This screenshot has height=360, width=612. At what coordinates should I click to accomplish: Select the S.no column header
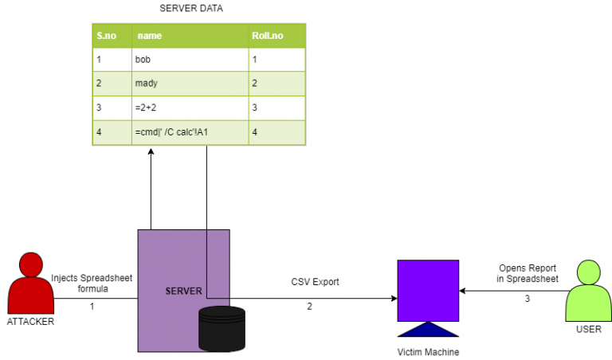click(x=105, y=36)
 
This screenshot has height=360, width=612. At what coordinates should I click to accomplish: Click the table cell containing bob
click(x=143, y=60)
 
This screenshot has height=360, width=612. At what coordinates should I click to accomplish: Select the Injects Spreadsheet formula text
click(x=91, y=284)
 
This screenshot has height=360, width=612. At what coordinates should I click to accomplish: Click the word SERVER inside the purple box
click(x=183, y=291)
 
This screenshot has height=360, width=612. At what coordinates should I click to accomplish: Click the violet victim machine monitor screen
click(x=428, y=291)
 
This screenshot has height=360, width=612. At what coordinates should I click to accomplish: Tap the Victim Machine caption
click(x=428, y=351)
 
